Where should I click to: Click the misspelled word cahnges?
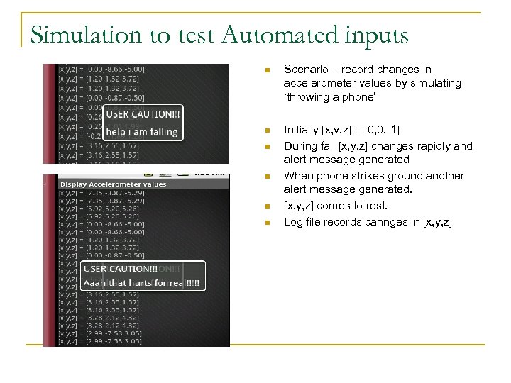(x=402, y=221)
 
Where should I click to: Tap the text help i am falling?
(x=141, y=131)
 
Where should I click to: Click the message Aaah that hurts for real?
(x=142, y=283)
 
